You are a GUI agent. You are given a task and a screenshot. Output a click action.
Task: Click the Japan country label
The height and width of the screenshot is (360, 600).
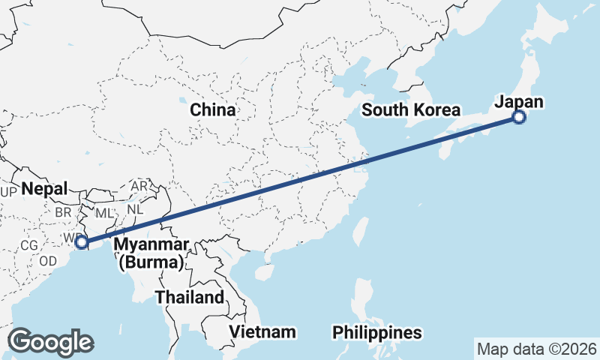pyautogui.click(x=519, y=102)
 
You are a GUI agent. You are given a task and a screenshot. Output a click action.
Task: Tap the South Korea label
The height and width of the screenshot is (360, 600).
pyautogui.click(x=410, y=110)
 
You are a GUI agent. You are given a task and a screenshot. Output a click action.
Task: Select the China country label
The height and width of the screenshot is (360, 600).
pyautogui.click(x=212, y=109)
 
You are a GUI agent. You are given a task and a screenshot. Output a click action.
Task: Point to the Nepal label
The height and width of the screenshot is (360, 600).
pyautogui.click(x=44, y=188)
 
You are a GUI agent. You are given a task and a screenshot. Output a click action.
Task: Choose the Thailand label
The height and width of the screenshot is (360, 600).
pyautogui.click(x=190, y=297)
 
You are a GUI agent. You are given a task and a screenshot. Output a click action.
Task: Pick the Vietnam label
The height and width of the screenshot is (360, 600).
pyautogui.click(x=262, y=331)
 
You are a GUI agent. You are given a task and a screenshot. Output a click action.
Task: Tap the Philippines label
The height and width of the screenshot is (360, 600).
pyautogui.click(x=376, y=331)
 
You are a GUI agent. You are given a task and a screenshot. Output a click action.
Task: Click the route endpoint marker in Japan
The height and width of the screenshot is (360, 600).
pyautogui.click(x=518, y=116)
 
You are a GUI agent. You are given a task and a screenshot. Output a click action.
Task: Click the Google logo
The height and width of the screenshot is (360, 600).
pyautogui.click(x=50, y=342)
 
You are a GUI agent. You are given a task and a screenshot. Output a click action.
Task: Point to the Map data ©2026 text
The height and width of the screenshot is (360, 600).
pyautogui.click(x=536, y=349)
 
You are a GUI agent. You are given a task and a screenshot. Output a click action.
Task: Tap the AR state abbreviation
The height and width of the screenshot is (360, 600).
pyautogui.click(x=139, y=186)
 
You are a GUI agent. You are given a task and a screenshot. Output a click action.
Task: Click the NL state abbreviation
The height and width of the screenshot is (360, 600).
pyautogui.click(x=134, y=210)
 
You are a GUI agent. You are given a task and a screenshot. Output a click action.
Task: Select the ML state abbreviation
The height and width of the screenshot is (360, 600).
pyautogui.click(x=104, y=214)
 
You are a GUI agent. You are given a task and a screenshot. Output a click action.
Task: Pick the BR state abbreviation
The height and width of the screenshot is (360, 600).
pyautogui.click(x=63, y=212)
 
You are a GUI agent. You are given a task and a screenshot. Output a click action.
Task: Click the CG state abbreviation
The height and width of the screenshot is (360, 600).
pyautogui.click(x=29, y=245)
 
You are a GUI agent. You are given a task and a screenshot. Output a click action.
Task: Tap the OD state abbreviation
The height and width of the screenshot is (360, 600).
pyautogui.click(x=48, y=261)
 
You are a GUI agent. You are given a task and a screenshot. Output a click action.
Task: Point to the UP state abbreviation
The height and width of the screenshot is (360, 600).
pyautogui.click(x=9, y=193)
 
